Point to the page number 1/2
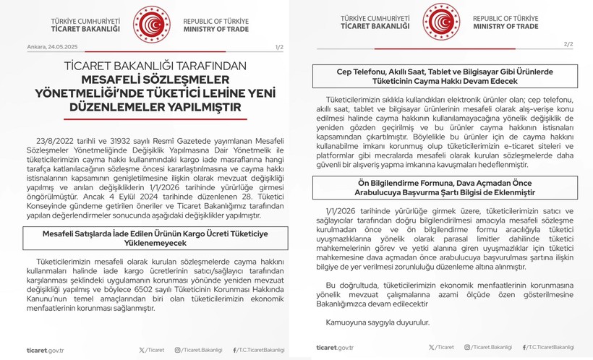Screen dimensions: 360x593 [280, 47]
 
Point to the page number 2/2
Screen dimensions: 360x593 [568, 44]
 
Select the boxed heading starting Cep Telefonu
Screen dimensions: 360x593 [444, 77]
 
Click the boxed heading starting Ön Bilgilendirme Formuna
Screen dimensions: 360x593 [444, 187]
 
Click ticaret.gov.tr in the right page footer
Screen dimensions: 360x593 [335, 348]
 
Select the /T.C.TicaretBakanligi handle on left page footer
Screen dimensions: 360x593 [259, 350]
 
